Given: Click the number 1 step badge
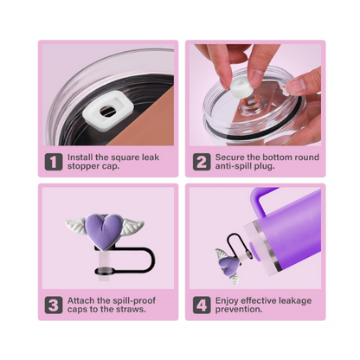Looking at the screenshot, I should point(54,162).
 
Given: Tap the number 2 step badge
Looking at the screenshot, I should point(201,162).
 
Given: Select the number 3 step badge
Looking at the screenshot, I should point(54,305).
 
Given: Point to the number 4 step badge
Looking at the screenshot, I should point(201,305).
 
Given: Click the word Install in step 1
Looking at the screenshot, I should point(83,157).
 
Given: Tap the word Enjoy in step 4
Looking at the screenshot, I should point(228,299).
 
